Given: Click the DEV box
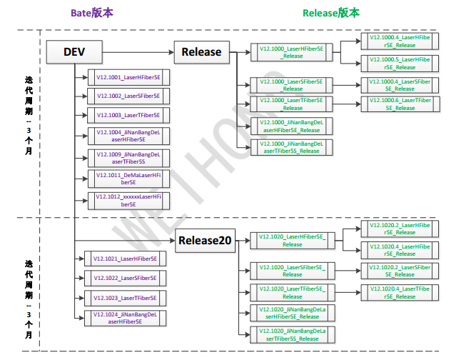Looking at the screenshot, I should point(74,51).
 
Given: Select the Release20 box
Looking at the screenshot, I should point(205,241).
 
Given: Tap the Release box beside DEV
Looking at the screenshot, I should point(201,51).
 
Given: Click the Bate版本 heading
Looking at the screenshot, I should point(91,14).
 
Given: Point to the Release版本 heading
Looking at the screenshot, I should point(331,14).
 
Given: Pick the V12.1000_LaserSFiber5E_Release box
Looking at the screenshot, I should point(292,85).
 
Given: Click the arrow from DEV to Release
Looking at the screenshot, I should point(139,51).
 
